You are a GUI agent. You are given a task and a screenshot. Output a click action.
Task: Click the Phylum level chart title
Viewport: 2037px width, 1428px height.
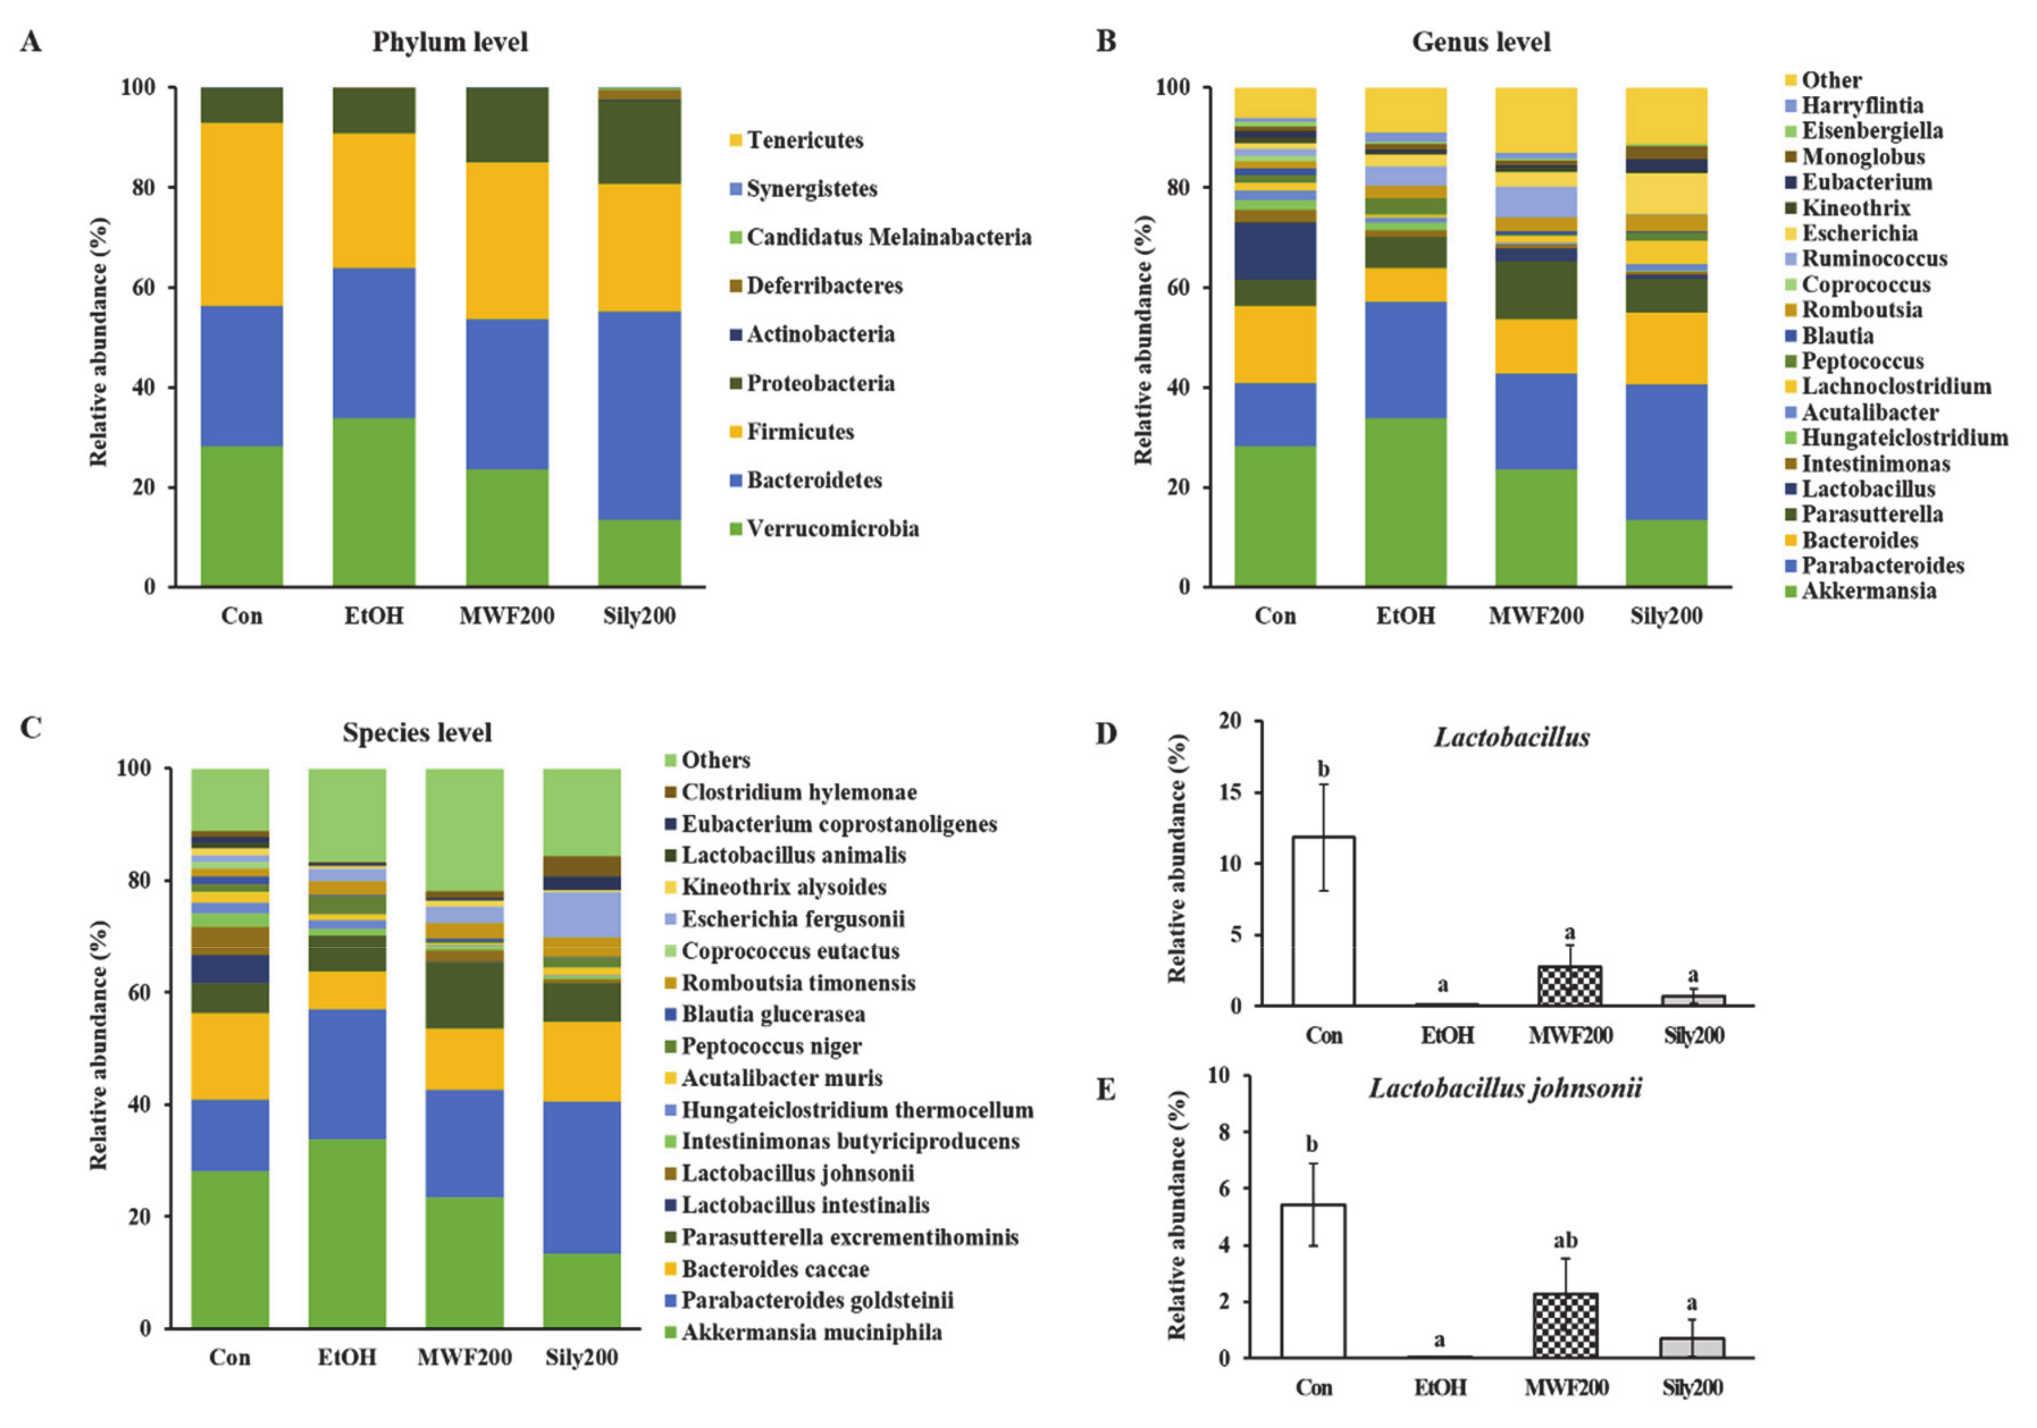pyautogui.click(x=449, y=42)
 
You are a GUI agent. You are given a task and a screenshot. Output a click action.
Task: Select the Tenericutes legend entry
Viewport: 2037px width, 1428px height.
pyautogui.click(x=804, y=140)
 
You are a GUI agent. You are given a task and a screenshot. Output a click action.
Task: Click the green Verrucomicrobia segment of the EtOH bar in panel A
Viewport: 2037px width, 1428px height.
pyautogui.click(x=373, y=501)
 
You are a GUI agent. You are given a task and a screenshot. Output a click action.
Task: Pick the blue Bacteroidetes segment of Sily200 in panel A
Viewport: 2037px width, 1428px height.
pyautogui.click(x=639, y=414)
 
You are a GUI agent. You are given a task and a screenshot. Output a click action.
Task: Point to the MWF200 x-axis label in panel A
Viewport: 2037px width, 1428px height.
pyautogui.click(x=507, y=616)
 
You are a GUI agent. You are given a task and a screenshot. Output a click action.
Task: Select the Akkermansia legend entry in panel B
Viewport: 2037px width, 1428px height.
pyautogui.click(x=1867, y=591)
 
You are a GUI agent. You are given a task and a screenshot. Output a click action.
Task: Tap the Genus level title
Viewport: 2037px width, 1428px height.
pyautogui.click(x=1481, y=42)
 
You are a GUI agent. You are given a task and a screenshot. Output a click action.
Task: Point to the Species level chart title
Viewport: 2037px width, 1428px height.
pyautogui.click(x=417, y=733)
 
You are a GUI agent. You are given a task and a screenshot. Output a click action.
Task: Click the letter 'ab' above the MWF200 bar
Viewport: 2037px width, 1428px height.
pyautogui.click(x=1565, y=1240)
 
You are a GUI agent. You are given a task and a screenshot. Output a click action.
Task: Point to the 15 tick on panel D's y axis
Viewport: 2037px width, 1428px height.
pyautogui.click(x=1230, y=792)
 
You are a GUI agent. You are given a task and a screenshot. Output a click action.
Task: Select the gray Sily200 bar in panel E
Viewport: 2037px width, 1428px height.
pyautogui.click(x=1691, y=1347)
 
